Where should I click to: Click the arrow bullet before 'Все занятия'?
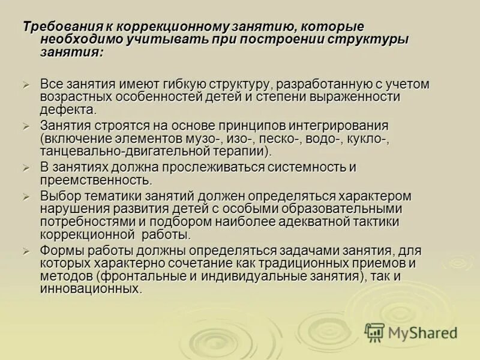[26, 85]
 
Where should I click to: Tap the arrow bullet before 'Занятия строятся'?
[26, 127]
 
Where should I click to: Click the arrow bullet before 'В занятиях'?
[26, 168]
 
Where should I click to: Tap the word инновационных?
[91, 289]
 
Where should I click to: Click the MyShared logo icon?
[374, 332]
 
